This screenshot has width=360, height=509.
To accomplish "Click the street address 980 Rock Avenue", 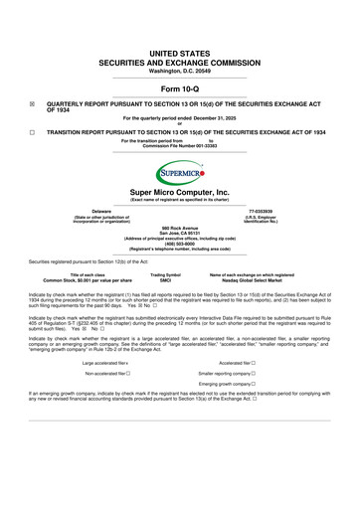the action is (x=179, y=229).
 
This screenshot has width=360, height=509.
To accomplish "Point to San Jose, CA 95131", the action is (x=179, y=235).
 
